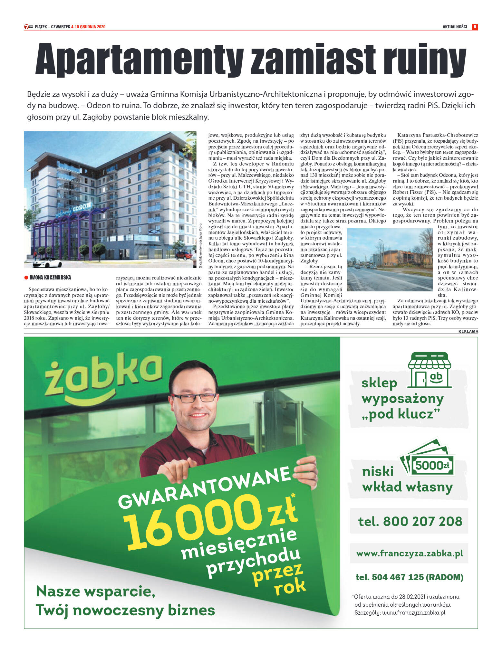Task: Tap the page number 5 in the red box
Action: click(x=475, y=27)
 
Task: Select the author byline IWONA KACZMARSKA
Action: click(x=50, y=278)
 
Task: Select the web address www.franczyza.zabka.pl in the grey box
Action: click(x=410, y=554)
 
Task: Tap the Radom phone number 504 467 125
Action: click(x=409, y=577)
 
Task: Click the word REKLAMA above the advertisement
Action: click(x=468, y=331)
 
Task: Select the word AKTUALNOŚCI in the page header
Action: click(x=455, y=27)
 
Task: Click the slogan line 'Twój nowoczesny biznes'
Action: click(x=125, y=610)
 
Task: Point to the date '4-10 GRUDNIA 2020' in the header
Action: click(x=88, y=27)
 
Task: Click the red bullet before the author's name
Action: click(x=26, y=278)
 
